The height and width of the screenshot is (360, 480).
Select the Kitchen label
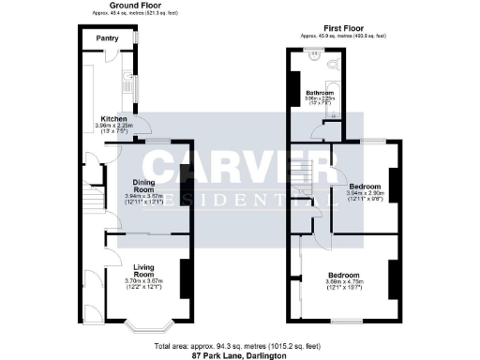click(x=114, y=119)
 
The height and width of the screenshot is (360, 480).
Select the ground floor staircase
click(x=92, y=202)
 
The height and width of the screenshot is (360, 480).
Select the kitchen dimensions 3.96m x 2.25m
click(x=115, y=126)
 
